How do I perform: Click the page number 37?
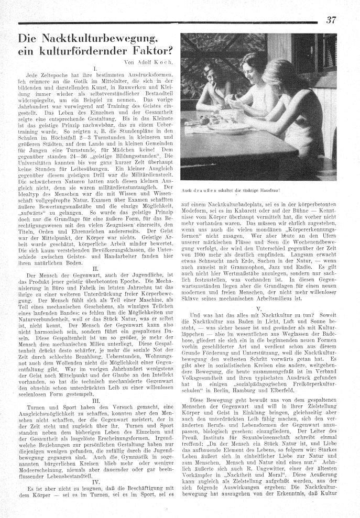331,20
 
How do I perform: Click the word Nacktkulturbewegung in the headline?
92,39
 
